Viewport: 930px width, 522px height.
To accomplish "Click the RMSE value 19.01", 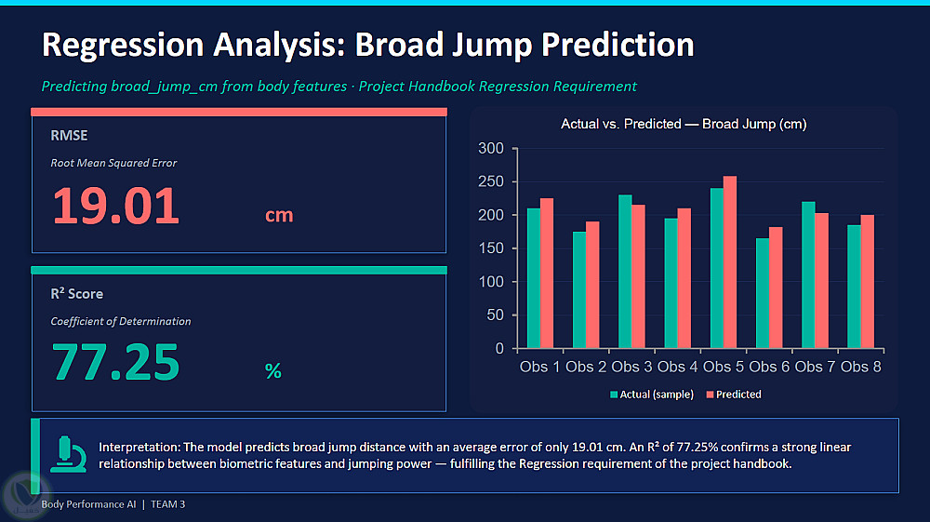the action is [115, 206].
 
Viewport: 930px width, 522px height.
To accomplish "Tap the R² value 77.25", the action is [115, 362].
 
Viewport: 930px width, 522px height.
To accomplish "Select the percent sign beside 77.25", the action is [272, 370].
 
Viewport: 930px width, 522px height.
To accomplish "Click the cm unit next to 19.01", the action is [279, 215].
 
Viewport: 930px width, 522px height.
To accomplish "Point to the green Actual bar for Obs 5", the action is [716, 268].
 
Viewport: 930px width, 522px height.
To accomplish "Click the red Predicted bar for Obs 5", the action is [729, 261].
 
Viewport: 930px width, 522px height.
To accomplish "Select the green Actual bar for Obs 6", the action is [763, 293].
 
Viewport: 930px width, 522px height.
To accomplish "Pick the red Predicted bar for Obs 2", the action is [592, 285].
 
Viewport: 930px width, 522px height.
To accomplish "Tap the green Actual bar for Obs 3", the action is [625, 271].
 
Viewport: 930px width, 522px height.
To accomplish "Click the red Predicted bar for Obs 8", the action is [867, 281].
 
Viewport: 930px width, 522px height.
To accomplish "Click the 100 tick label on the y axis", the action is [491, 282].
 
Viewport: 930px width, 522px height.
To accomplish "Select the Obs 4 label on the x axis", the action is [677, 367].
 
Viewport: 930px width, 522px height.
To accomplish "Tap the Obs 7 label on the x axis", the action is [815, 367].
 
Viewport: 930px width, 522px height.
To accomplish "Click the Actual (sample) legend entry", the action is [652, 395].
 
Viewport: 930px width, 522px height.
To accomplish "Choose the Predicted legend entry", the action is [734, 395].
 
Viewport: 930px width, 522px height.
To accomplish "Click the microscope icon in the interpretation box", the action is [68, 454].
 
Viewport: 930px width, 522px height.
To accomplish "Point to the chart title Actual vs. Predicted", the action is [684, 124].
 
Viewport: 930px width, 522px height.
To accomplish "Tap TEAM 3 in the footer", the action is [167, 504].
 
